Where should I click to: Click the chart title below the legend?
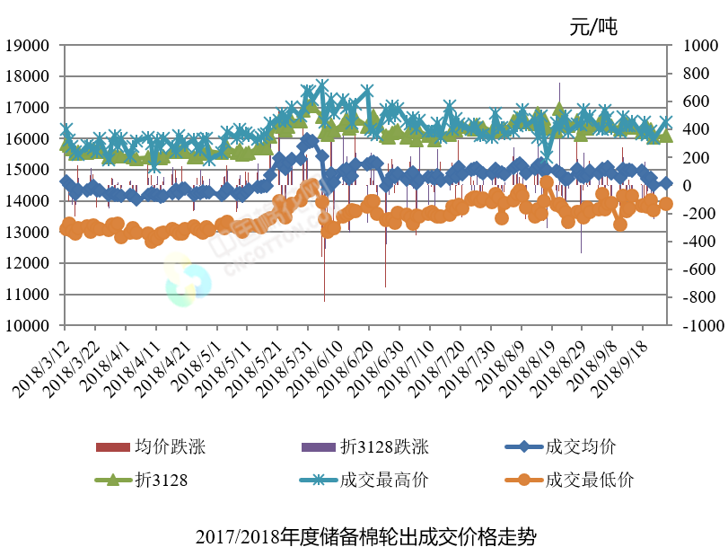[x=364, y=538]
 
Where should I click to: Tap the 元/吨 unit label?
[x=593, y=26]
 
